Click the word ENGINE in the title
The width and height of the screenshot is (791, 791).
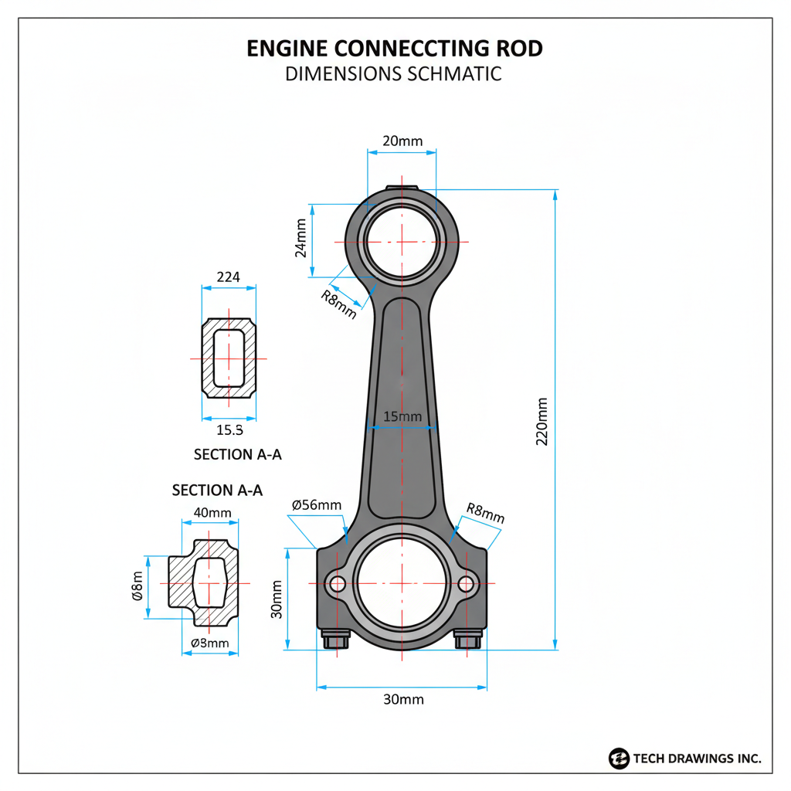click(x=287, y=49)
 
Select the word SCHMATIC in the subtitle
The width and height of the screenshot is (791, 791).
click(x=454, y=73)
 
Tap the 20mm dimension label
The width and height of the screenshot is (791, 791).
click(x=402, y=141)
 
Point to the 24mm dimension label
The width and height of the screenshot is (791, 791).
click(x=300, y=238)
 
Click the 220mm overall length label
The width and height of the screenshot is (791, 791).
click(x=541, y=422)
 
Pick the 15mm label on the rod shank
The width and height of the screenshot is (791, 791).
click(x=402, y=416)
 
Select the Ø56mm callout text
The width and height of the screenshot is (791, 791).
click(x=317, y=505)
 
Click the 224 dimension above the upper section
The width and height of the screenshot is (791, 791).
click(x=229, y=277)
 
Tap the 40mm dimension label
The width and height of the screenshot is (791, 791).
click(x=212, y=513)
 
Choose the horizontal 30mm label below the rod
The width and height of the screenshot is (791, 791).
click(x=403, y=699)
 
